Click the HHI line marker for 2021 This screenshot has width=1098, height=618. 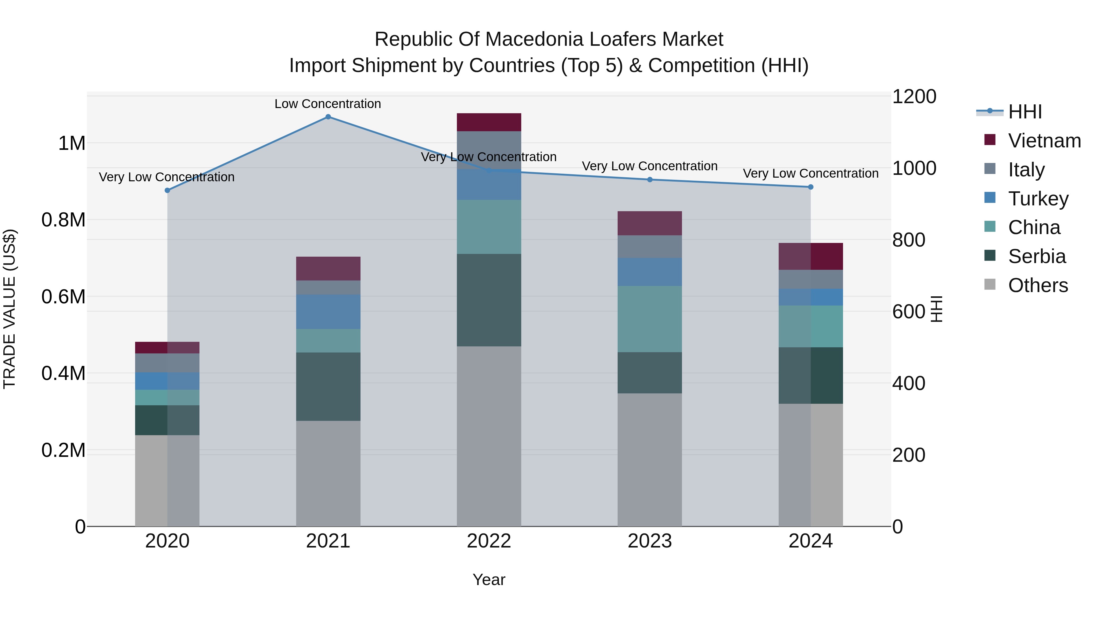point(328,117)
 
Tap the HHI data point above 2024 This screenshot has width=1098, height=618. point(811,187)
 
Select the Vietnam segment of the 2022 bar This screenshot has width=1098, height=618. point(489,122)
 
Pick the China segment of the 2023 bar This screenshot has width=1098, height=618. point(650,319)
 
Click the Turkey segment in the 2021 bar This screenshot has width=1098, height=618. point(328,312)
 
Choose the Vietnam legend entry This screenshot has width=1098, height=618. point(1044,141)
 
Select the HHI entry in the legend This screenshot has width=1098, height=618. point(1025,112)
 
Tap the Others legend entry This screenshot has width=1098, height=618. point(1038,285)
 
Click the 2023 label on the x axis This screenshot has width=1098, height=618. point(650,541)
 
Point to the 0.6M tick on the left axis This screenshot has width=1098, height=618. point(63,296)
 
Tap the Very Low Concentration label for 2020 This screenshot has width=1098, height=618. point(167,177)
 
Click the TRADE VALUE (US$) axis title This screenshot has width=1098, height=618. point(9,309)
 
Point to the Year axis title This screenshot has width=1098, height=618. point(489,580)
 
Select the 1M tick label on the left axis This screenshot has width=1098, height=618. point(72,143)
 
